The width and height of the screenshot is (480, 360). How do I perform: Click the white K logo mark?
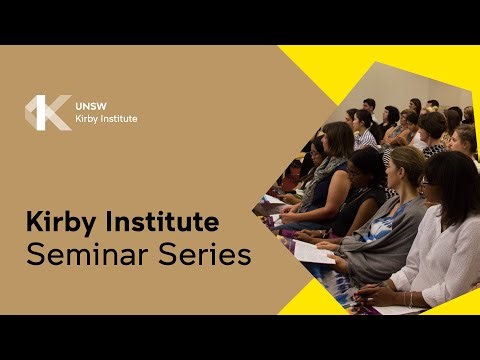[47, 112]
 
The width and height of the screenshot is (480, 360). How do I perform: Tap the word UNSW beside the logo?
[90, 104]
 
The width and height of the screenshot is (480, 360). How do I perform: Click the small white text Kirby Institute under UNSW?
[106, 119]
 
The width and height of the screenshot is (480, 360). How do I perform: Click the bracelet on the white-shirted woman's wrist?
[409, 297]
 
